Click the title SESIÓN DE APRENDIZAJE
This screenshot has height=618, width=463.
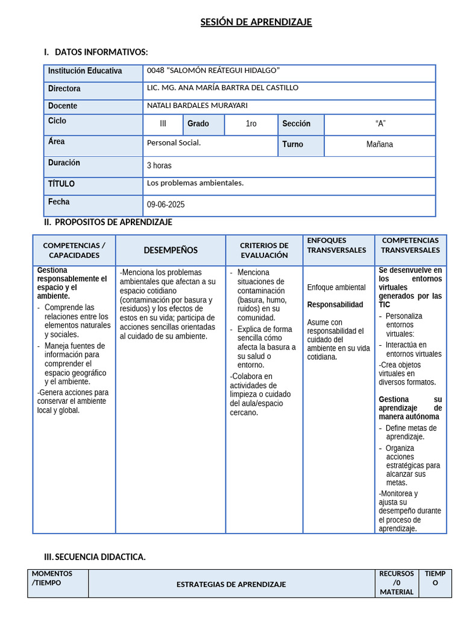(256, 22)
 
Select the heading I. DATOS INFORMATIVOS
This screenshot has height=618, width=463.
(96, 52)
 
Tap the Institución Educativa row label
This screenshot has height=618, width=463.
(85, 71)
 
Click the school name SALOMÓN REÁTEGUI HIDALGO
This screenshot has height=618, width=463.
(213, 71)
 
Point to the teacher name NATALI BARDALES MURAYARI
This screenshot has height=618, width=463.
(197, 105)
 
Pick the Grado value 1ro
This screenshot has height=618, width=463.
(251, 124)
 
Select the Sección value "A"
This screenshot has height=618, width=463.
(380, 124)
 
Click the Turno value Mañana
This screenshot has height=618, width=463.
(379, 144)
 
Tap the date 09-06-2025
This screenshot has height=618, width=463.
(166, 205)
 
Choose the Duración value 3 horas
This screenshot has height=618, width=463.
(159, 165)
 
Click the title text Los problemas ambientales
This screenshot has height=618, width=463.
(195, 183)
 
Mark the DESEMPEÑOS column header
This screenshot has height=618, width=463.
(171, 250)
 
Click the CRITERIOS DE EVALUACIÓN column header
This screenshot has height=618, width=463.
(264, 250)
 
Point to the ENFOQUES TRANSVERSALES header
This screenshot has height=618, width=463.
(336, 245)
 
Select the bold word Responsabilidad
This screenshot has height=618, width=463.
(335, 305)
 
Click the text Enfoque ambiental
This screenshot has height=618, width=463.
(336, 287)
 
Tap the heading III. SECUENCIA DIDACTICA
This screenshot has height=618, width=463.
(95, 557)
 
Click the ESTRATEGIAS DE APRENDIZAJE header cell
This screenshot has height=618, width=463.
(231, 584)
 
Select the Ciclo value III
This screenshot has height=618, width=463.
(163, 124)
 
